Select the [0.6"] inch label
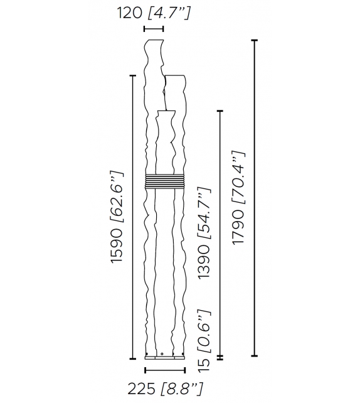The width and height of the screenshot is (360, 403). point(203,330)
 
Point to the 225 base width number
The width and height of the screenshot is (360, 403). point(141,389)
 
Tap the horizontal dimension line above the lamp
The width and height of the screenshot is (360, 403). point(154,29)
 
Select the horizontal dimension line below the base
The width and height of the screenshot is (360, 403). point(165,370)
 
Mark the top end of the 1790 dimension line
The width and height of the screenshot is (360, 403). point(254,40)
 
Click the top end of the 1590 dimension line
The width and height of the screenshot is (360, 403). point(132,77)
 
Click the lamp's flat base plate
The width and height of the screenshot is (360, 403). point(165,358)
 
